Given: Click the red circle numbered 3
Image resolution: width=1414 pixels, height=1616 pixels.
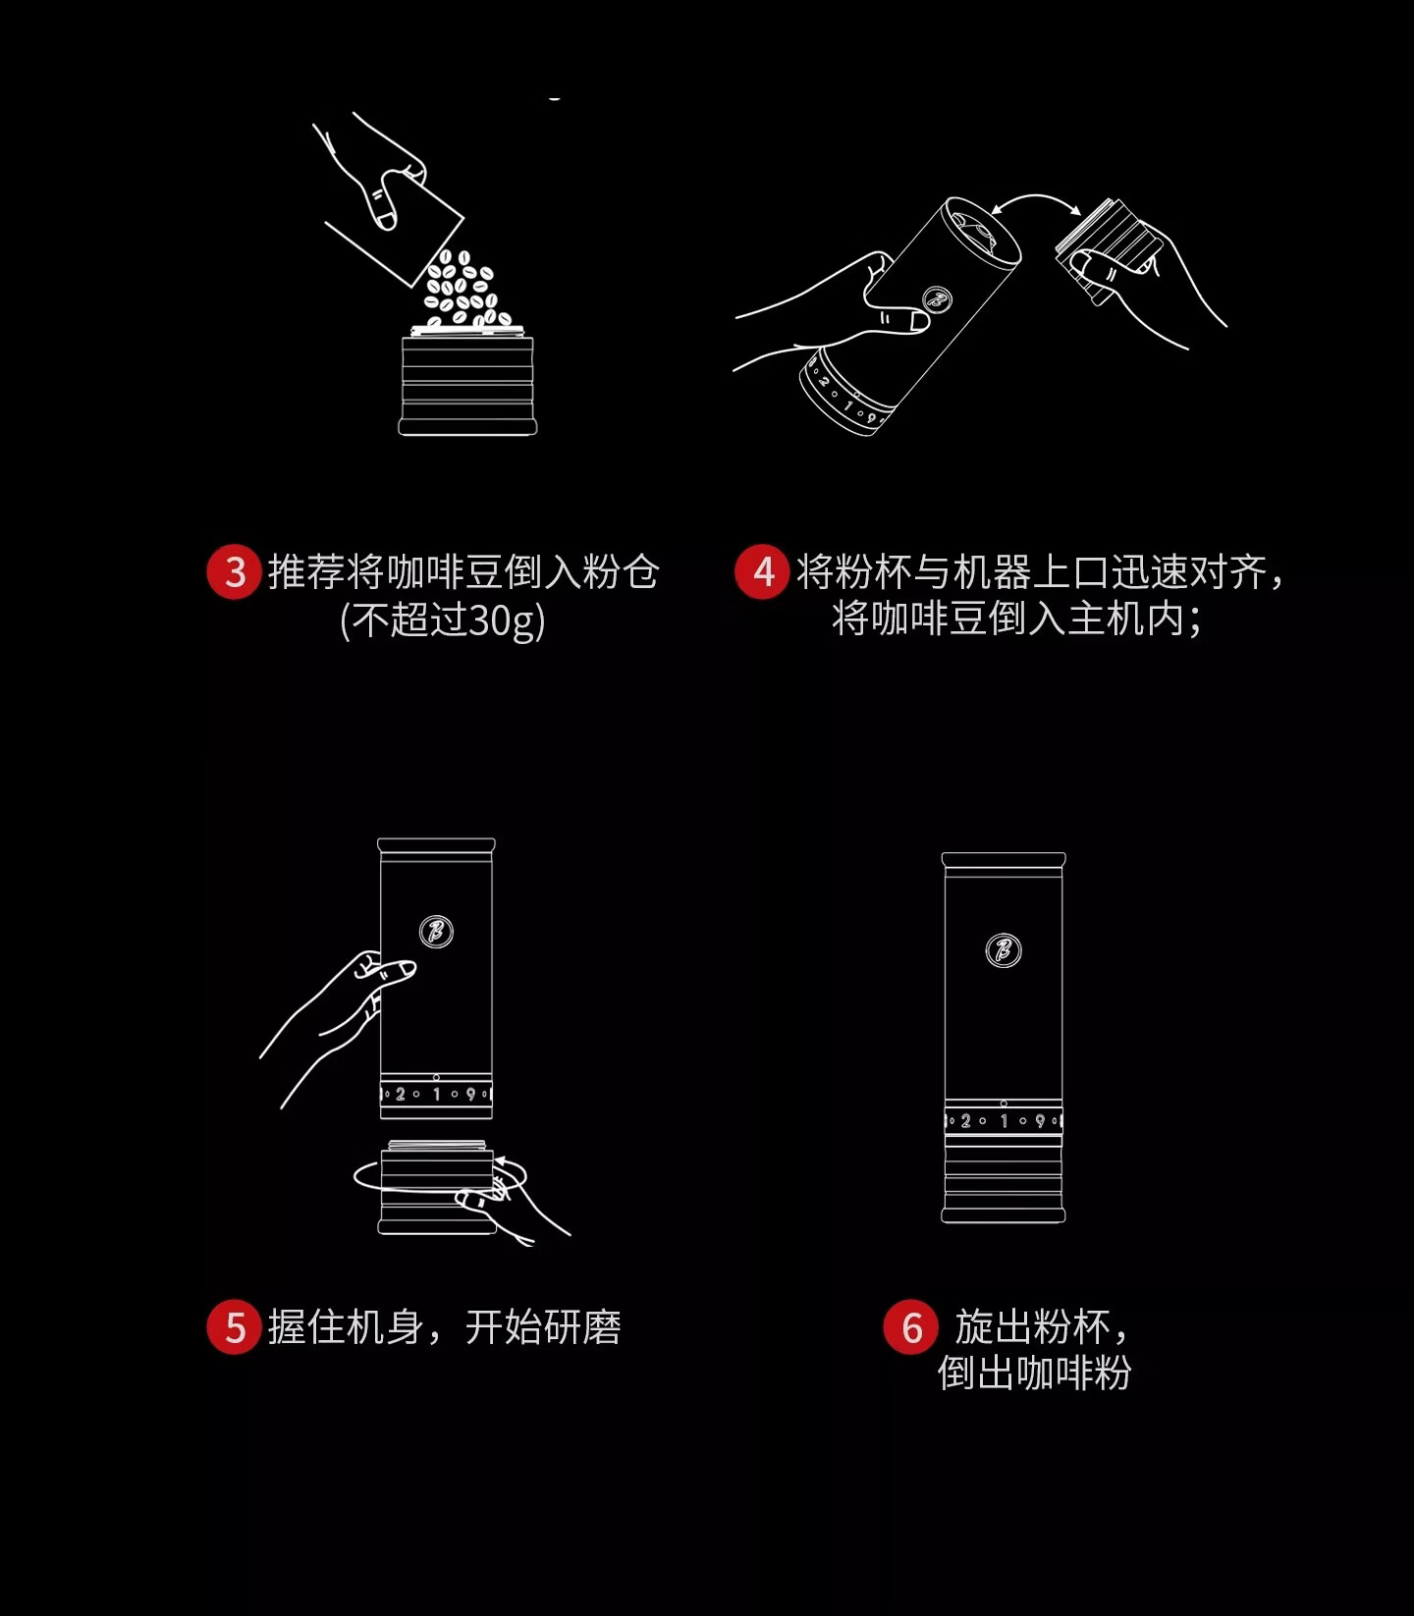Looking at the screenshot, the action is tap(234, 571).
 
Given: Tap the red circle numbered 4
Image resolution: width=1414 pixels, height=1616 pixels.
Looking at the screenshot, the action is tap(762, 571).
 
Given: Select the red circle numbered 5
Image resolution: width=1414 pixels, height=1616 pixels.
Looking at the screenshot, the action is tap(234, 1327).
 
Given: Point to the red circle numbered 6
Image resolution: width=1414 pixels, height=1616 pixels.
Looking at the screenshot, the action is tap(911, 1327).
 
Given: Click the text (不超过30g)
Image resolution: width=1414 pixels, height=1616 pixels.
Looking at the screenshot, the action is tap(442, 620).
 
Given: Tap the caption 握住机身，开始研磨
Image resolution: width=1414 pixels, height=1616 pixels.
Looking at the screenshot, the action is tap(445, 1327).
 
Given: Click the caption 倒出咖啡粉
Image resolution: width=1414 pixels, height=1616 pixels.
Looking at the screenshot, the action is tap(1034, 1373).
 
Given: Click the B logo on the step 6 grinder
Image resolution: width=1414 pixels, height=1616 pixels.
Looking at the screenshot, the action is tap(1003, 950).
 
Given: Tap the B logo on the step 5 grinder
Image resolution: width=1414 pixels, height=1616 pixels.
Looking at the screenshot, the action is tap(436, 931).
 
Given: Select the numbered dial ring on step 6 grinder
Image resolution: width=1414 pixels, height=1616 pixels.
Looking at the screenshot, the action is tap(1003, 1120).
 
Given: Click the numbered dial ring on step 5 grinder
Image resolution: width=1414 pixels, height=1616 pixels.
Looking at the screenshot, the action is tap(436, 1094).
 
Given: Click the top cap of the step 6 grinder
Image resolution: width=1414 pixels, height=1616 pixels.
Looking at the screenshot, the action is tap(1003, 860).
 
